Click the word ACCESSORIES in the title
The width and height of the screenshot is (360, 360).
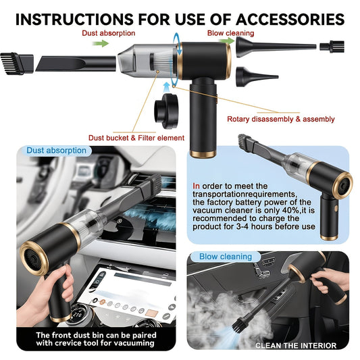click(290, 20)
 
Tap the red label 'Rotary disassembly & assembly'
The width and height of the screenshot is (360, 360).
click(280, 119)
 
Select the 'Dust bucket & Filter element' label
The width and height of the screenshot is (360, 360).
click(136, 138)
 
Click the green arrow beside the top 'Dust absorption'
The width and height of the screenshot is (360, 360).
click(101, 43)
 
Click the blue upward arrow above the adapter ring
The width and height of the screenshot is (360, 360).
click(166, 88)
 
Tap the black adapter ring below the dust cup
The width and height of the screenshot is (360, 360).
click(165, 111)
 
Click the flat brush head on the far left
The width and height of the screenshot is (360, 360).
click(16, 63)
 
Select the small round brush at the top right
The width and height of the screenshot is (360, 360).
click(332, 47)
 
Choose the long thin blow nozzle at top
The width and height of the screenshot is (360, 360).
click(276, 47)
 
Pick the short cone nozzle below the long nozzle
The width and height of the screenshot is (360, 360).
click(257, 77)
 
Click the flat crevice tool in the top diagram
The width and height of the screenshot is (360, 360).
click(76, 63)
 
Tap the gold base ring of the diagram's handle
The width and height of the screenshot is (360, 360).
click(203, 154)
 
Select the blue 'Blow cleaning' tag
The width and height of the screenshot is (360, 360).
click(226, 257)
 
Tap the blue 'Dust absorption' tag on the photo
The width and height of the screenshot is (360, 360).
click(57, 151)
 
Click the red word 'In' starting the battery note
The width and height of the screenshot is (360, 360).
click(197, 186)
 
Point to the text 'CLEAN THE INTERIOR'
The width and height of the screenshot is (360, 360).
click(296, 345)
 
